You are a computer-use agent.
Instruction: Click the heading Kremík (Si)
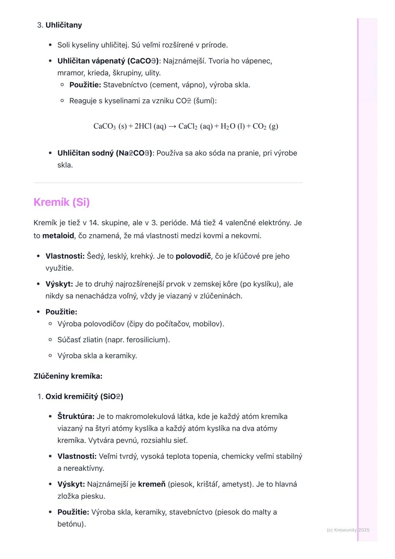click(x=61, y=202)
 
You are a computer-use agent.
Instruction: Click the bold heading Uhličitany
click(x=64, y=25)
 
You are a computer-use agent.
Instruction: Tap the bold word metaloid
click(x=58, y=236)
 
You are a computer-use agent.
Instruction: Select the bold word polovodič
click(x=193, y=256)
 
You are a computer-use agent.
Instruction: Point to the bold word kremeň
click(x=152, y=484)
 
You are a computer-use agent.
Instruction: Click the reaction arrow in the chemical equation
click(x=172, y=126)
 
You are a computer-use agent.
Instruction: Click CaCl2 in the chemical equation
click(x=188, y=126)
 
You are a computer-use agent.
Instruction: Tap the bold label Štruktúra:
click(x=76, y=417)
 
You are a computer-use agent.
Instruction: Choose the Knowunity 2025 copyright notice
click(x=348, y=530)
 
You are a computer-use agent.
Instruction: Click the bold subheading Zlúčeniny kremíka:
click(x=68, y=376)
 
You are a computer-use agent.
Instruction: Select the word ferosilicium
click(x=147, y=340)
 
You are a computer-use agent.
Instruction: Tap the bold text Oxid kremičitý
click(x=72, y=397)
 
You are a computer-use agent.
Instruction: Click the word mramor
click(x=71, y=73)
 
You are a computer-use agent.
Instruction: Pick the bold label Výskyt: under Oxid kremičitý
click(x=71, y=484)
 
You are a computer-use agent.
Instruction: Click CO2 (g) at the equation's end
click(x=265, y=126)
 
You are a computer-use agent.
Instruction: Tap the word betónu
click(x=71, y=524)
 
